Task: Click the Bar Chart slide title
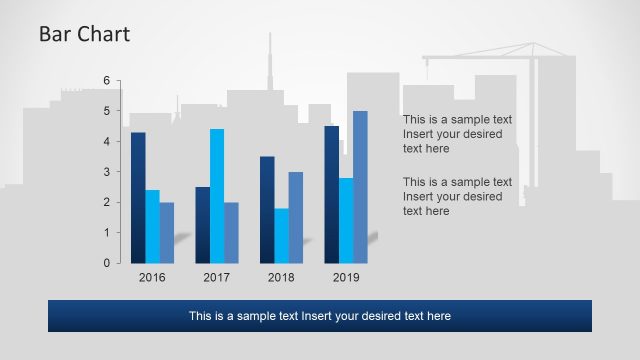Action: [84, 34]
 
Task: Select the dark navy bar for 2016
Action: [138, 198]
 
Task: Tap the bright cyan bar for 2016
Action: [152, 227]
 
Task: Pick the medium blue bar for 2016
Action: [167, 233]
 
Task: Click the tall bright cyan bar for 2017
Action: [217, 196]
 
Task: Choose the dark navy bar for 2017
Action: [203, 225]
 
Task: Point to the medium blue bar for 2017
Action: [231, 233]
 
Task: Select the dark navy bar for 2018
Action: [267, 210]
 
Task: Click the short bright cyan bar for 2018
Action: [282, 236]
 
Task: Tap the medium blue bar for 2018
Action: [296, 218]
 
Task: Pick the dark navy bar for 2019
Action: [332, 195]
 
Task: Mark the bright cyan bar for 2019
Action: [346, 221]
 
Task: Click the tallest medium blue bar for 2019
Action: [360, 187]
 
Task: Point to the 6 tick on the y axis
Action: [107, 80]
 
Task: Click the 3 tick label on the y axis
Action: [107, 172]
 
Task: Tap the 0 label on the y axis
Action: [107, 263]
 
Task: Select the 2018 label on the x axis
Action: [281, 277]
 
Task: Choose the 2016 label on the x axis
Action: [152, 277]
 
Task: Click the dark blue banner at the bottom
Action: [320, 316]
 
